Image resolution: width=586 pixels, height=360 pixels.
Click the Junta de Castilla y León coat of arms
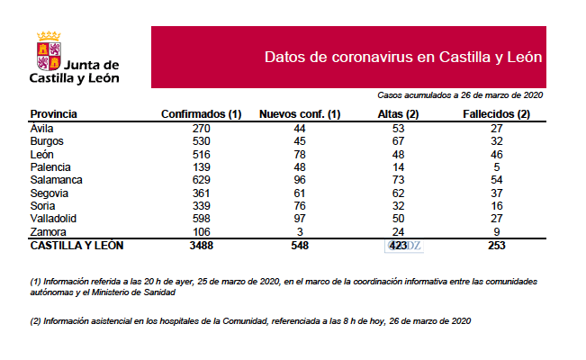(x=48, y=51)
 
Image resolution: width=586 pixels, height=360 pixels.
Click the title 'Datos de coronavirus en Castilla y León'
(x=403, y=57)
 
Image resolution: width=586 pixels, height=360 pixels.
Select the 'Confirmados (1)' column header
(x=202, y=114)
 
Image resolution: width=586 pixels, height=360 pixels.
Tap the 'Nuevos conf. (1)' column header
(x=299, y=114)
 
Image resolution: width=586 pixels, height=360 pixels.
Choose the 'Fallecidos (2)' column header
(x=496, y=114)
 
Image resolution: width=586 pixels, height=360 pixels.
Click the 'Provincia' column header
(x=53, y=114)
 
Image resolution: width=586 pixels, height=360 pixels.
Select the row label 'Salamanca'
(x=56, y=180)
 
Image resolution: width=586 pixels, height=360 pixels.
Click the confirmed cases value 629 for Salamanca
(x=202, y=180)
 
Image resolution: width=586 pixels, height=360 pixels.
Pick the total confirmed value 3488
(x=202, y=245)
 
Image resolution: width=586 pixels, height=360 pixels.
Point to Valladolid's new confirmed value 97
(x=299, y=219)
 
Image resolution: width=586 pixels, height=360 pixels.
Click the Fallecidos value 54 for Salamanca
(x=496, y=180)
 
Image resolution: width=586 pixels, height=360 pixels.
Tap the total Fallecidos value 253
(x=496, y=245)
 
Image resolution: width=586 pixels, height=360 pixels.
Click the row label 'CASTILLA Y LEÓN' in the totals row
(x=77, y=245)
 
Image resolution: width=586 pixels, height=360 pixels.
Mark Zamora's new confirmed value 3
(x=299, y=231)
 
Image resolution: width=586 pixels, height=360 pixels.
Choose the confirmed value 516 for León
(x=202, y=154)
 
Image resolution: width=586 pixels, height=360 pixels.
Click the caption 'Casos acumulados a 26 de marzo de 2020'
(x=460, y=94)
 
